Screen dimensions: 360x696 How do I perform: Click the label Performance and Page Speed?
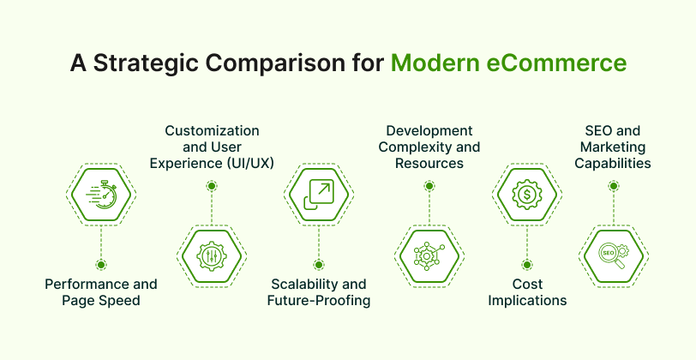point(102,291)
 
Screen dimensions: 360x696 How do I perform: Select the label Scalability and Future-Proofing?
point(319,291)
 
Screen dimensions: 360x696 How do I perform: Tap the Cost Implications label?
point(526,291)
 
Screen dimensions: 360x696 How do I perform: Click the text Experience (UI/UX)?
point(212,162)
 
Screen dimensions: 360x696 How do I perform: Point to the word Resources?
point(429,162)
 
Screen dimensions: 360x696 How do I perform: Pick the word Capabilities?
point(613,162)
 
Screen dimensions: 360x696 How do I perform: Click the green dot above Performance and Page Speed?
point(102,266)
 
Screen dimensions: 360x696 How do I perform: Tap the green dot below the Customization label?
point(211,186)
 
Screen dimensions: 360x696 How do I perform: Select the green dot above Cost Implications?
point(526,266)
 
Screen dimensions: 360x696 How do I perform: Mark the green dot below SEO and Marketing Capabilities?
point(614,186)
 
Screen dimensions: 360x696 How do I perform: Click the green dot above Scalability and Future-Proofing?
point(318,266)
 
